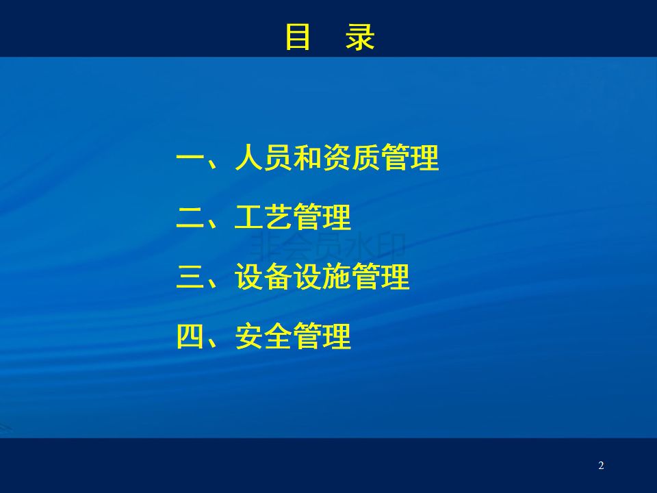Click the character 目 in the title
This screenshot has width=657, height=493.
[298, 37]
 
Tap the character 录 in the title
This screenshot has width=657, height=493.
[360, 37]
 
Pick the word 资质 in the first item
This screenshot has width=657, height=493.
[351, 157]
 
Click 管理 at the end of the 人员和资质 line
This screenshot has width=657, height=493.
[410, 157]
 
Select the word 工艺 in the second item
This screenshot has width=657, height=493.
[263, 217]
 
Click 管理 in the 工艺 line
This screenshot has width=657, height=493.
[322, 217]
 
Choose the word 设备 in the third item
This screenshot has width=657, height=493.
[263, 276]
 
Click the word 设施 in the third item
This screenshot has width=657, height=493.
[322, 276]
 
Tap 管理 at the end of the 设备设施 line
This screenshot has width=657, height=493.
[381, 276]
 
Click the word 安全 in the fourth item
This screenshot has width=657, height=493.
[263, 336]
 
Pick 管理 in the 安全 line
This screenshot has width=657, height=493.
[322, 336]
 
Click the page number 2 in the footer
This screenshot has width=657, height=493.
[602, 466]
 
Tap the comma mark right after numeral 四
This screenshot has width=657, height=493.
[212, 343]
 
